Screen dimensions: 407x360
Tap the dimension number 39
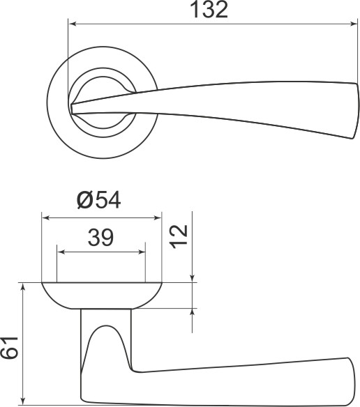[101, 238]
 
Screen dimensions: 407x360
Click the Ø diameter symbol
[84, 200]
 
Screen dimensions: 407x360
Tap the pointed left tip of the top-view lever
[73, 107]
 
